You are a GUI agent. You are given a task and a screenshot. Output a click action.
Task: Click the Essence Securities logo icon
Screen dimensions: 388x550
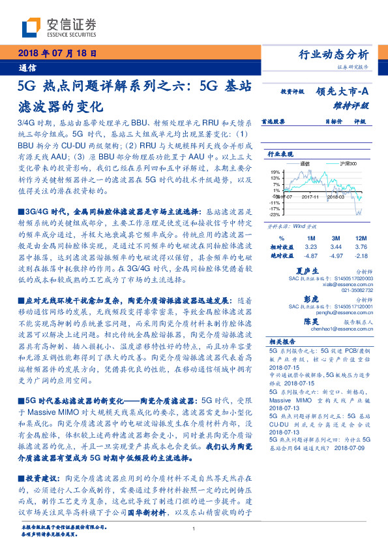(x=33, y=27)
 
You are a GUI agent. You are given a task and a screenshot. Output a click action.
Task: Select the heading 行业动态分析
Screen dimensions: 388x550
(x=333, y=54)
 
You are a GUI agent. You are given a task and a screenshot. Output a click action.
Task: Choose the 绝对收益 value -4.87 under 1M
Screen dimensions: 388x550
(x=310, y=256)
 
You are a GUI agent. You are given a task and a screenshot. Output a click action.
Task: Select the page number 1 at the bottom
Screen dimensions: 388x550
(x=194, y=530)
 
